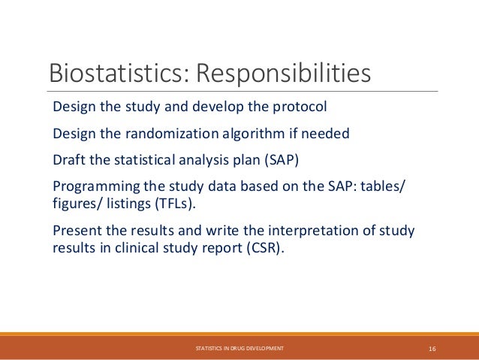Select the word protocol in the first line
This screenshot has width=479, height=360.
(x=300, y=107)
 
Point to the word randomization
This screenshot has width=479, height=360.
(x=175, y=135)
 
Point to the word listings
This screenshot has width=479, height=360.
(x=129, y=204)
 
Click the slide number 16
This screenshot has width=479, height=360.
(x=432, y=348)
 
